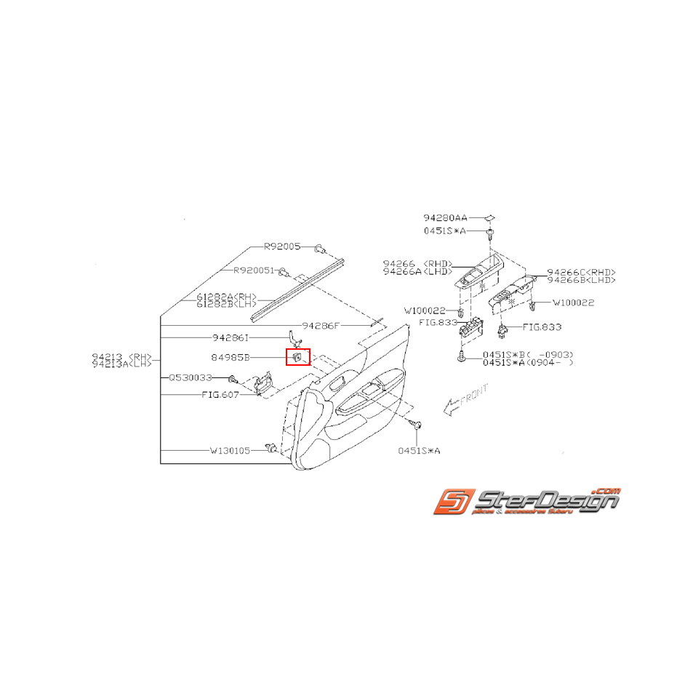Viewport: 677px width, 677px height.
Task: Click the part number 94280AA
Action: (445, 217)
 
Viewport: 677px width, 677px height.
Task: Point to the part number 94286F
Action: (321, 326)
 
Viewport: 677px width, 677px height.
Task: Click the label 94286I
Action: (231, 338)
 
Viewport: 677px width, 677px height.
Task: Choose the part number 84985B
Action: (231, 358)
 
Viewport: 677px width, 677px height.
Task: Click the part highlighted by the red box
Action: (298, 357)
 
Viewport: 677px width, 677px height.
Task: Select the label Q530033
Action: (191, 378)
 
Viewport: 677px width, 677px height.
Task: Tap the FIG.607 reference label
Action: (220, 396)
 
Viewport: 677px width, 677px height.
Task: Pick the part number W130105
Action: (230, 451)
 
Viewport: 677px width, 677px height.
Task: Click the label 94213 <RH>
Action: (121, 356)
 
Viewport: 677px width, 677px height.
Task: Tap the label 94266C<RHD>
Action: (580, 272)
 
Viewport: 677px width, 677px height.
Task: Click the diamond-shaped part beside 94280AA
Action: (491, 217)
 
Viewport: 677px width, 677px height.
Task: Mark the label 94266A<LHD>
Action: (417, 271)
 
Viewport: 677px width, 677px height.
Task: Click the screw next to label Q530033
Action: (232, 380)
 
